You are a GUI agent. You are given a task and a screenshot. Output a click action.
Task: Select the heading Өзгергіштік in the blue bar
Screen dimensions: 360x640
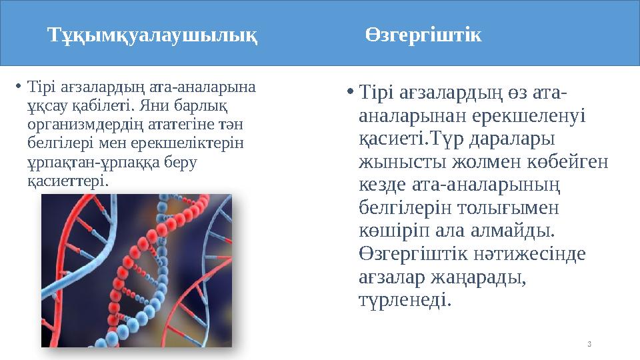[x=423, y=35]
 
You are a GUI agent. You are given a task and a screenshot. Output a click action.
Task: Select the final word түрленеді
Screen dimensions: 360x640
[x=404, y=301]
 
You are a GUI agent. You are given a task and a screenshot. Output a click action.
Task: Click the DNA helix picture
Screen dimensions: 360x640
[x=137, y=270]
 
